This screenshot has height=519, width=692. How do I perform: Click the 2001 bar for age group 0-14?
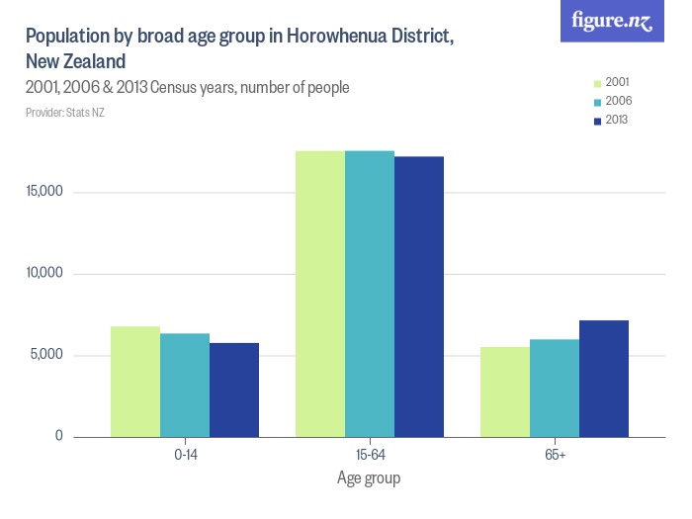point(135,382)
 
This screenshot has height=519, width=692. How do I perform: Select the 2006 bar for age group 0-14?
point(185,386)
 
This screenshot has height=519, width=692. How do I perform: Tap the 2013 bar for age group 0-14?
point(234,389)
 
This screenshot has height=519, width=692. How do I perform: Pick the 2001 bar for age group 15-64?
point(320,294)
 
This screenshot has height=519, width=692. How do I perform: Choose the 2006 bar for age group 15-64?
point(370,294)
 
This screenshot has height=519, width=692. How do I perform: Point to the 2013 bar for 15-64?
point(419,297)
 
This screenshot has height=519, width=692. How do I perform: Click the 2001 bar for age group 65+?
point(505,391)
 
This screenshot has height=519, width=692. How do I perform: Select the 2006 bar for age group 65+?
point(555,388)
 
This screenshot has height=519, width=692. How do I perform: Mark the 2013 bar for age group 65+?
point(604,379)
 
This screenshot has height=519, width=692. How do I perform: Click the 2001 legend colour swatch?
point(597,82)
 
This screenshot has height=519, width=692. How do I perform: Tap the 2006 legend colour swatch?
point(597,102)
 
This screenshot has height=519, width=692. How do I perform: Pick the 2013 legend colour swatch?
point(597,121)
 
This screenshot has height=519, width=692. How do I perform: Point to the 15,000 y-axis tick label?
point(44,192)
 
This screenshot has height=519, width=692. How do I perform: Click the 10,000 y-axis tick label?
point(44,273)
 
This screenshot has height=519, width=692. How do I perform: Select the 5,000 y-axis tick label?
point(47,355)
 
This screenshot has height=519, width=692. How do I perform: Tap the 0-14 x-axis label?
point(185,456)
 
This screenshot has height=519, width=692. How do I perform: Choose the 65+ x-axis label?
point(555,456)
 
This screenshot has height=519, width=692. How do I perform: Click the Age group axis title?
point(369,478)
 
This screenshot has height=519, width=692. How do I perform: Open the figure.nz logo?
point(612,21)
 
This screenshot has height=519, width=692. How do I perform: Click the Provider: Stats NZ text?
point(65,113)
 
